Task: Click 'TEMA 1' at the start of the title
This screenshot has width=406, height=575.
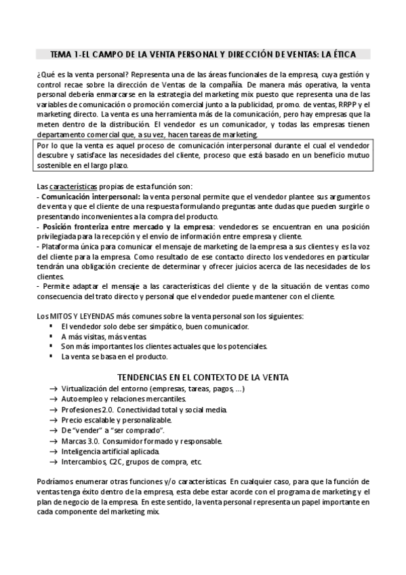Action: (65, 53)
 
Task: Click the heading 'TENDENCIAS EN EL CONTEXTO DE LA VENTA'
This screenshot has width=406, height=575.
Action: (203, 376)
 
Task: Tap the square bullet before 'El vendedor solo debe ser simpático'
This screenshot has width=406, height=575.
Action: (52, 327)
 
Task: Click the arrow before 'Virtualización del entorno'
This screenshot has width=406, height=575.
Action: (53, 390)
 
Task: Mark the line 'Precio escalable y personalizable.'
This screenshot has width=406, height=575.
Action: (115, 420)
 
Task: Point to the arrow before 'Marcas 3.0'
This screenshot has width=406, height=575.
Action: (53, 441)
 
